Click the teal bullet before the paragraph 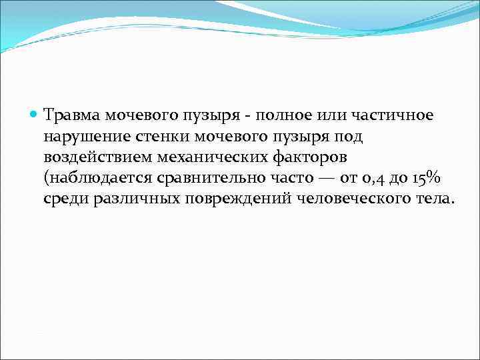tap(35, 115)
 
